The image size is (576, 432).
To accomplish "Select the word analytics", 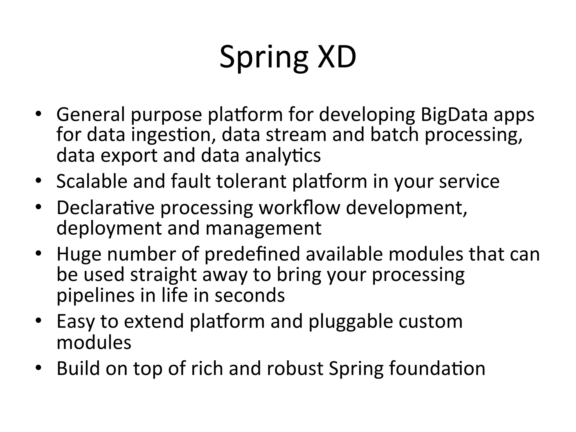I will click(283, 156).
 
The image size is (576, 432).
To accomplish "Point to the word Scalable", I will click(92, 181).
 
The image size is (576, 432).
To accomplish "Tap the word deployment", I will click(109, 228).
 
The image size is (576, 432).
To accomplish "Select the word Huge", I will click(79, 254).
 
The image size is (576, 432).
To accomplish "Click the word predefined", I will click(252, 254).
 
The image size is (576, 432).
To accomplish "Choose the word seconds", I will click(250, 295).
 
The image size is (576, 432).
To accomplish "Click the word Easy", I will click(76, 321).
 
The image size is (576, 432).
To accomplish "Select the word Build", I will click(78, 368).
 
